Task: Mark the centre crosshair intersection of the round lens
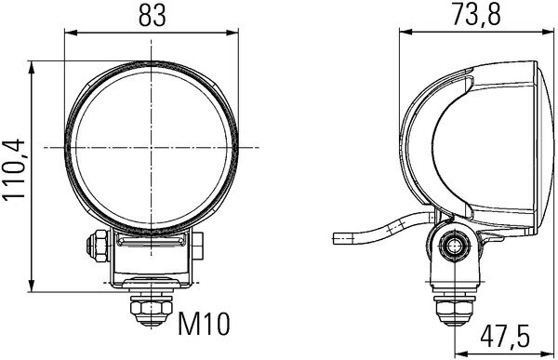pos(148,148)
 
